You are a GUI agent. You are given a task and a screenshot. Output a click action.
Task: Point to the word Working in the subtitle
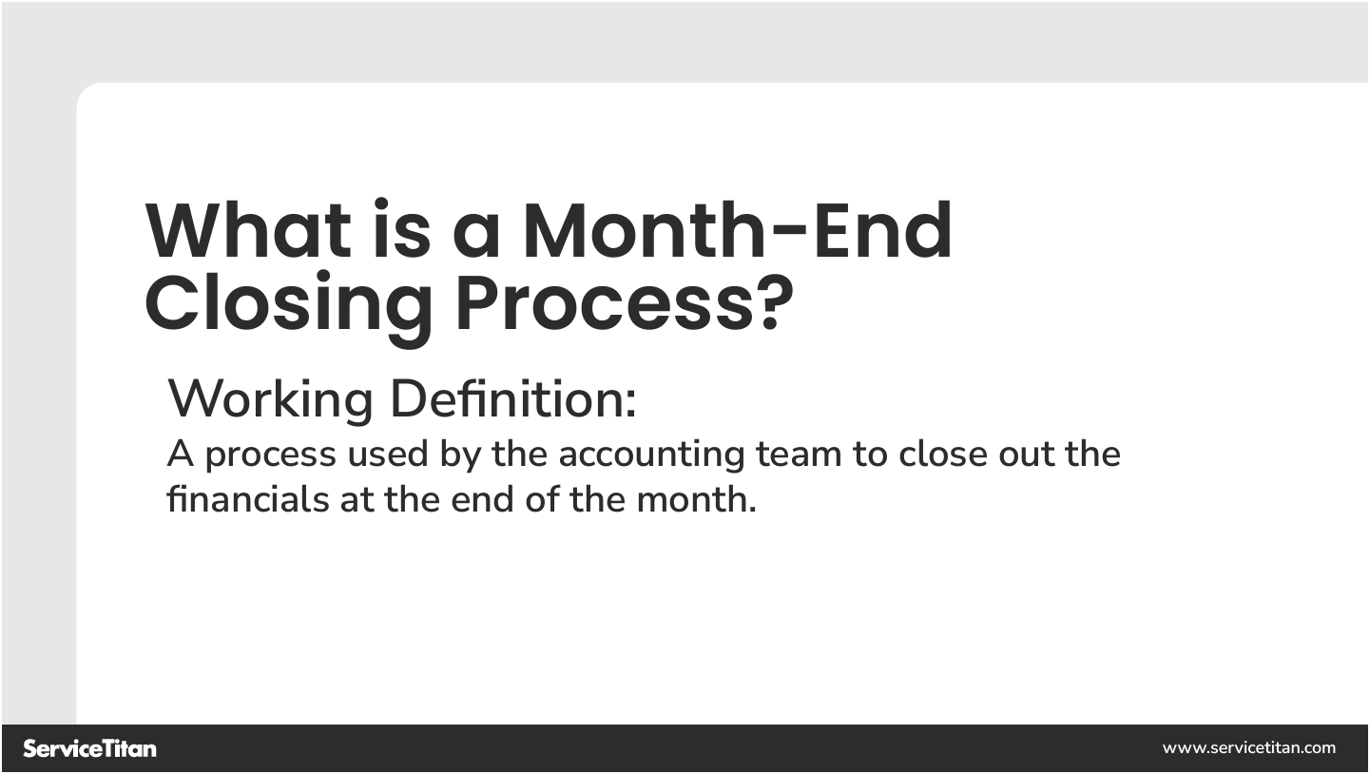[270, 400]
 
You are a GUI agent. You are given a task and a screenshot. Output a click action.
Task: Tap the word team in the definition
[799, 455]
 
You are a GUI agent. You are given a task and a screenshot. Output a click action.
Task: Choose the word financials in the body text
[247, 499]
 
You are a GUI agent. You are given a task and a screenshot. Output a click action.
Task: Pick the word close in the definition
[942, 455]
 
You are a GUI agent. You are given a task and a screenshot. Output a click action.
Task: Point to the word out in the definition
[1025, 455]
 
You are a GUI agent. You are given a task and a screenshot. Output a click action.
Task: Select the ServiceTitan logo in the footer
[89, 748]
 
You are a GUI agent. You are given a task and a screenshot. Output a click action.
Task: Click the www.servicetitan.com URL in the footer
[1248, 748]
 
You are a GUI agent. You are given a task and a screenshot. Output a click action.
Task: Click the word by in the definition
[460, 455]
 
